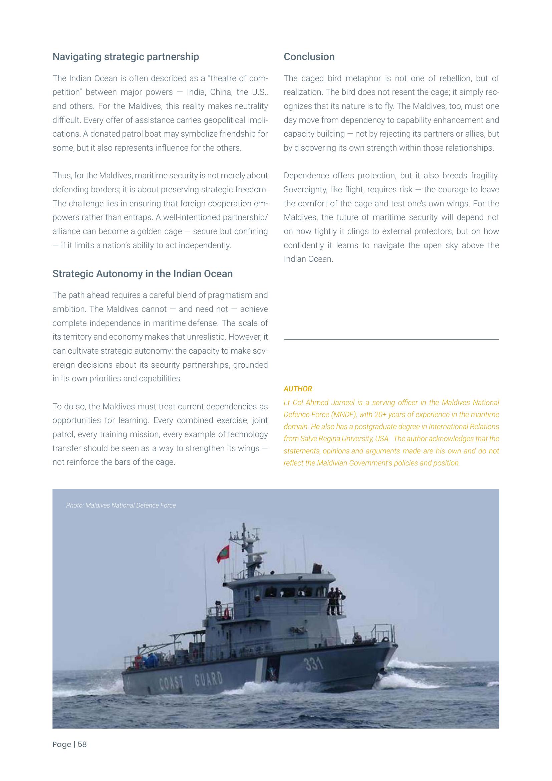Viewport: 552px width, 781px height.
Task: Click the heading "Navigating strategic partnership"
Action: click(x=125, y=57)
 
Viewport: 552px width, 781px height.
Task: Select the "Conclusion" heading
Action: click(x=309, y=57)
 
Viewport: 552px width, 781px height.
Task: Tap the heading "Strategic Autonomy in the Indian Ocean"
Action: click(x=143, y=274)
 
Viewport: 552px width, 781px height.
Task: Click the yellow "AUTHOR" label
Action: click(x=298, y=389)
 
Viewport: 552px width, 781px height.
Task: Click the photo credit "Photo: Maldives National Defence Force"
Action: click(x=121, y=506)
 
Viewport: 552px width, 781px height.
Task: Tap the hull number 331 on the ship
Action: click(x=313, y=664)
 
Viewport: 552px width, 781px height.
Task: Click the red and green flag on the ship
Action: click(x=223, y=554)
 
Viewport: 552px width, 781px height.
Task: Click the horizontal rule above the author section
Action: click(x=391, y=339)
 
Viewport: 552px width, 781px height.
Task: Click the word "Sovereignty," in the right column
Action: click(x=305, y=189)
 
